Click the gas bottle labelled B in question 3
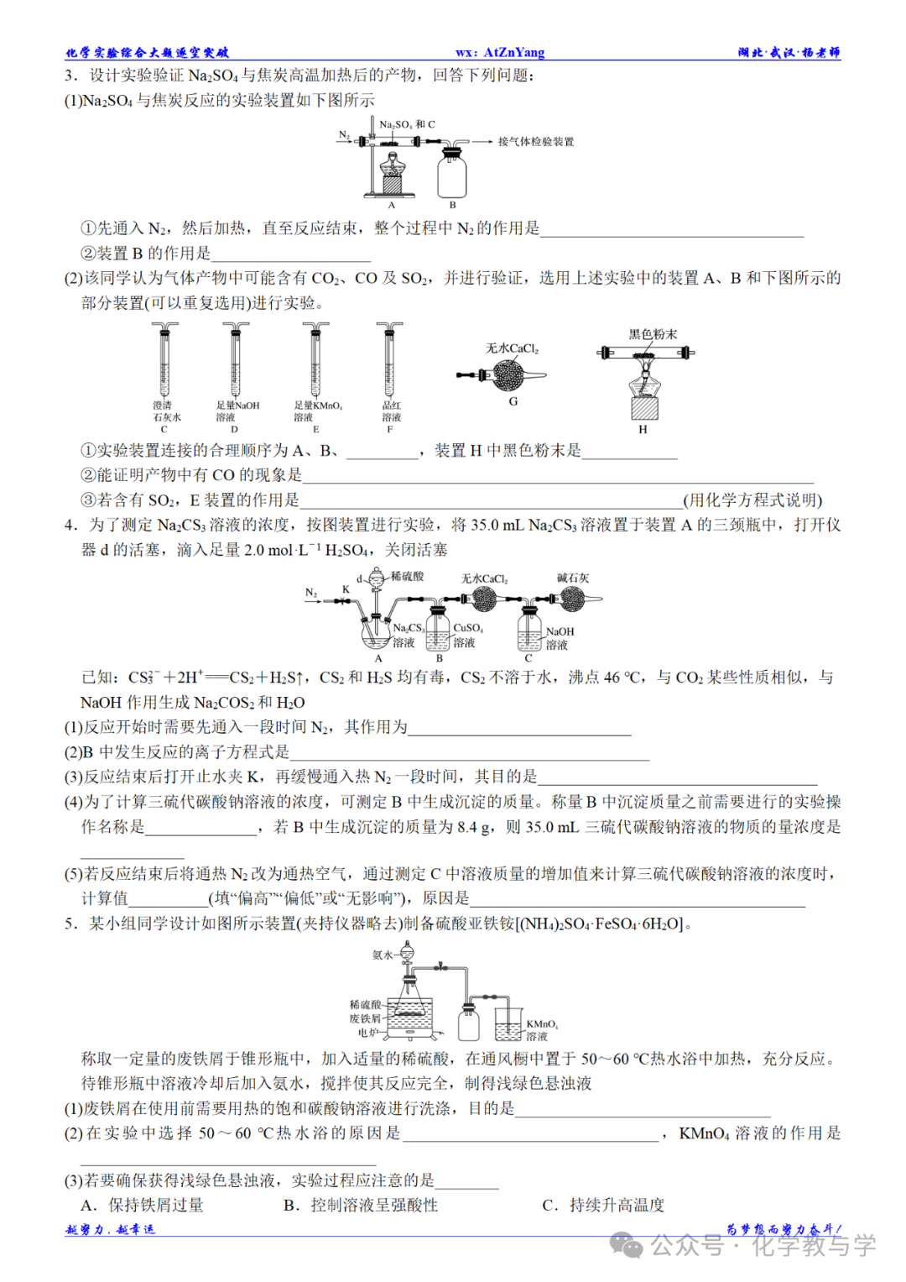click(x=452, y=175)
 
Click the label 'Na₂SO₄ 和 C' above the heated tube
click(x=407, y=124)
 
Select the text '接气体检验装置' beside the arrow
click(x=536, y=142)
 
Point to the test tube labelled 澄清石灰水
click(x=164, y=361)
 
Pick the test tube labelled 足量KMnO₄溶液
click(x=316, y=361)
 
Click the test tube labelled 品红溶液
click(x=389, y=361)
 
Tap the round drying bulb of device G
click(x=508, y=375)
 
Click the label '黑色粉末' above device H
click(x=653, y=334)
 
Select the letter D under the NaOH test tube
click(x=234, y=429)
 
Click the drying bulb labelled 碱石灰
click(x=572, y=599)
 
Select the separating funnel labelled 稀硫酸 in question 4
click(x=377, y=578)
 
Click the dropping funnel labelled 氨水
click(x=407, y=955)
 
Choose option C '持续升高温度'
click(x=604, y=1205)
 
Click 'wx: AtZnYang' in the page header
click(x=500, y=52)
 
